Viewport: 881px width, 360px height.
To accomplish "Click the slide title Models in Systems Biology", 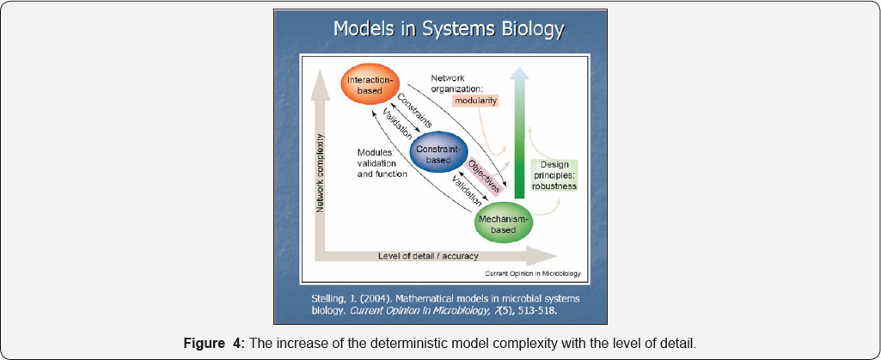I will coord(449,29).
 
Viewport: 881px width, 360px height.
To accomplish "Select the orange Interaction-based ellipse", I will coord(371,85).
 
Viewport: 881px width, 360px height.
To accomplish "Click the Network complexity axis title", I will coord(320,172).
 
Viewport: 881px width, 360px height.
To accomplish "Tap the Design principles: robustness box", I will coord(554,174).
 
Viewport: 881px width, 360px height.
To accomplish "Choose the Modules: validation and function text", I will coord(383,162).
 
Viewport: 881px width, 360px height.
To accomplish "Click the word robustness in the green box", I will coord(554,185).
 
